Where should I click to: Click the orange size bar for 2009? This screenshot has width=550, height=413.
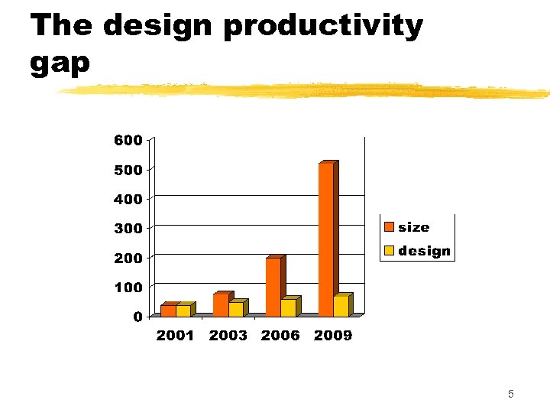click(325, 239)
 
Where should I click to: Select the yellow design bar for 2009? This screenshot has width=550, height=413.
click(341, 306)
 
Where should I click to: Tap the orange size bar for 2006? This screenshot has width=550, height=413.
click(273, 287)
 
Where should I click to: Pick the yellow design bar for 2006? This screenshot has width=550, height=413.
click(288, 307)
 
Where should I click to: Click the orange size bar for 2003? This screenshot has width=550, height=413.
click(220, 304)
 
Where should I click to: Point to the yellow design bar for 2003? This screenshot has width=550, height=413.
click(235, 309)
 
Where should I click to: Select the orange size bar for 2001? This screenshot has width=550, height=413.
click(168, 311)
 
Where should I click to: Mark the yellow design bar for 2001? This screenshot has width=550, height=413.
click(183, 311)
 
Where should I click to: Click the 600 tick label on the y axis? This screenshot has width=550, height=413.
click(128, 141)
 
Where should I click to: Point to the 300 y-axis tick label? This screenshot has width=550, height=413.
click(128, 229)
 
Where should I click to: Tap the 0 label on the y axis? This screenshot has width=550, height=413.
click(137, 317)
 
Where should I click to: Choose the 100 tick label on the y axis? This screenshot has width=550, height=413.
click(128, 288)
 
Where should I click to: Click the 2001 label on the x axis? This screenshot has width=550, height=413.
click(175, 336)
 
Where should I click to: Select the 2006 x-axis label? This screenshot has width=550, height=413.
click(280, 336)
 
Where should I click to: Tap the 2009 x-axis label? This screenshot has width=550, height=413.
click(333, 336)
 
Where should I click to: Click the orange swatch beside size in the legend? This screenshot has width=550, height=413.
click(389, 227)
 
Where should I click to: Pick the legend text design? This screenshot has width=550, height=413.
click(424, 251)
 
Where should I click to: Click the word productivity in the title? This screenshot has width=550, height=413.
click(323, 26)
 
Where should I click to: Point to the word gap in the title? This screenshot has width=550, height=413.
click(60, 63)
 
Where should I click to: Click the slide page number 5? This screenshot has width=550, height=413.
click(510, 395)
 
